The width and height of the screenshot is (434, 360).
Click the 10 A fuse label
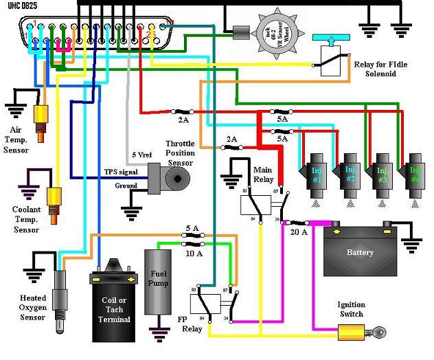click(x=194, y=253)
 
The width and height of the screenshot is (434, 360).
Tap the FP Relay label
click(x=192, y=324)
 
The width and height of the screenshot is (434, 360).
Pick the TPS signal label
click(x=120, y=171)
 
